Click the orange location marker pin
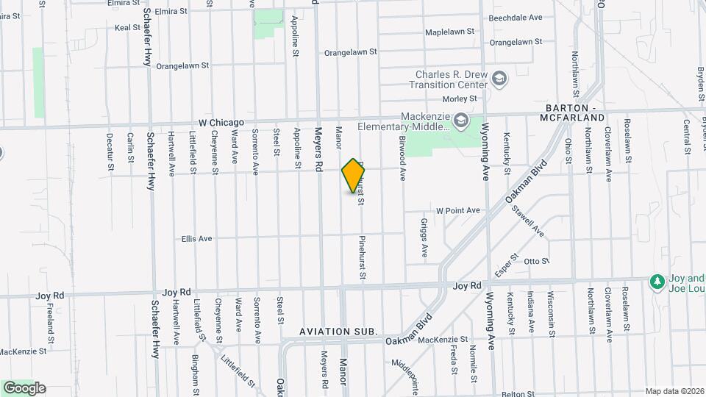[x=354, y=176]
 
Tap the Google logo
[x=24, y=387]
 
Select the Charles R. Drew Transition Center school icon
[x=500, y=79]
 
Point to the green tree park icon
[x=657, y=282]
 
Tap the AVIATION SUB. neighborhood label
[x=338, y=332]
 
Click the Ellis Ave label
[x=196, y=239]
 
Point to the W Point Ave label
[x=457, y=210]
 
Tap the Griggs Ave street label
[x=424, y=237]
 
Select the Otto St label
[x=536, y=260]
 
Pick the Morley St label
[x=460, y=99]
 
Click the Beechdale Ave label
[x=516, y=17]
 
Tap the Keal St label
[x=127, y=27]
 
